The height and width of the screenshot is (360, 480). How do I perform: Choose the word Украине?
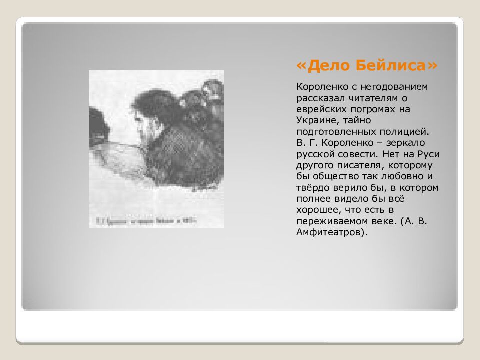coord(316,120)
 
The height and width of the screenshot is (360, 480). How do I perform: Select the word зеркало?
coord(408,143)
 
